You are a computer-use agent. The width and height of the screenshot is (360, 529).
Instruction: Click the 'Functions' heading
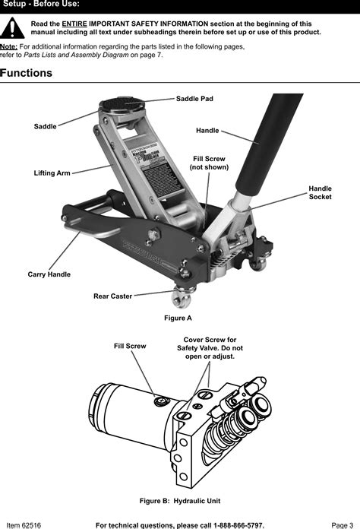(x=27, y=74)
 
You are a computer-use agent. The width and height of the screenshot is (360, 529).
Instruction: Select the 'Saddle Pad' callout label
(x=194, y=99)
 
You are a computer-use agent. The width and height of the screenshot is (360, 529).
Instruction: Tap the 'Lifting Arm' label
(x=52, y=173)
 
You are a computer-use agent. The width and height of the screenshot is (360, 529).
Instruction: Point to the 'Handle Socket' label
(x=320, y=192)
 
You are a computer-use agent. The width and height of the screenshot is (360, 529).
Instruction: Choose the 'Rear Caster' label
(x=112, y=296)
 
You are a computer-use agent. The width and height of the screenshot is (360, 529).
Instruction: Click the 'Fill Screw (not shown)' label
(x=209, y=163)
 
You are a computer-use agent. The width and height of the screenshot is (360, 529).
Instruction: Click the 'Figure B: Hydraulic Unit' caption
(x=179, y=502)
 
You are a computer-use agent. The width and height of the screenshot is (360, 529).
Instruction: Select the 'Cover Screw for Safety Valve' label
(x=210, y=347)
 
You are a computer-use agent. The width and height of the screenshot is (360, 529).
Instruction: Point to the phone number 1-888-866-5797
(x=231, y=524)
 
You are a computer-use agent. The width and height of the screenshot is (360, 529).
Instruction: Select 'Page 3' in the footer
(x=342, y=524)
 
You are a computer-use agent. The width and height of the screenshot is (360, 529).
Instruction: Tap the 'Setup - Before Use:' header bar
(x=180, y=6)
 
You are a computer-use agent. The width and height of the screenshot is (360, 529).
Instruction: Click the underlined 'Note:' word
(x=9, y=46)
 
